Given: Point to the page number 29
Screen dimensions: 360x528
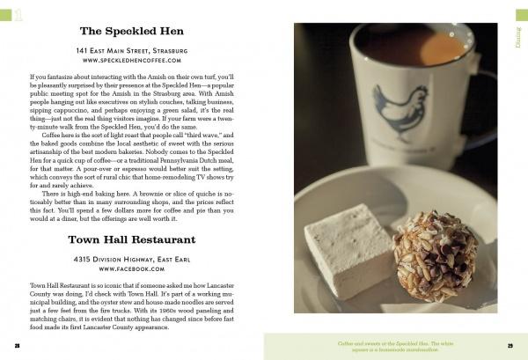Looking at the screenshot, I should click(510, 345).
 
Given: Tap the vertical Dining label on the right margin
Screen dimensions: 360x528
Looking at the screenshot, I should click(519, 34).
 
